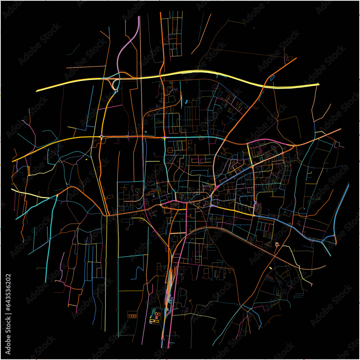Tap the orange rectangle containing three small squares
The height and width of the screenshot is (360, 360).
click(132, 316)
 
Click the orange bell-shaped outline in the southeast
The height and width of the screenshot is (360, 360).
click(277, 245)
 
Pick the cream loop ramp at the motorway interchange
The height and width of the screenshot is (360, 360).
click(115, 85)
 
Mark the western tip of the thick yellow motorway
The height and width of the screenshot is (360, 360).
click(37, 91)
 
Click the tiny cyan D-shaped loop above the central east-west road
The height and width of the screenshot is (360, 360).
click(145, 132)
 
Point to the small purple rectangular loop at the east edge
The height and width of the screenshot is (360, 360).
click(337, 144)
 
